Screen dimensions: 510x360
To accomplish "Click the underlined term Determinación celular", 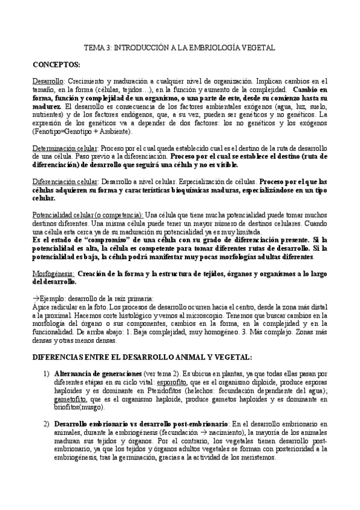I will (x=64, y=148).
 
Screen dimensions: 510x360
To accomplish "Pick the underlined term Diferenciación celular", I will (x=64, y=181).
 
